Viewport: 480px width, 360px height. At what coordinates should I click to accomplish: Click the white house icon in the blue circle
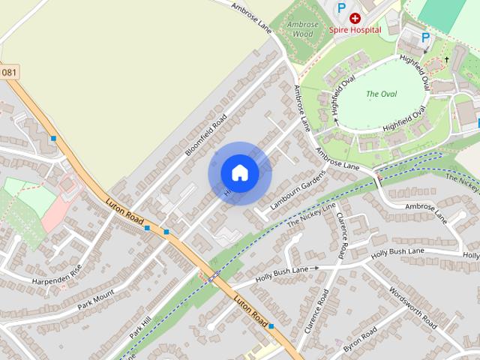tap(239, 173)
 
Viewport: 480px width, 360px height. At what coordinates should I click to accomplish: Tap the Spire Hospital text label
tap(355, 30)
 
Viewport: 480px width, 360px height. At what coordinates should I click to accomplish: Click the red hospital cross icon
tap(355, 17)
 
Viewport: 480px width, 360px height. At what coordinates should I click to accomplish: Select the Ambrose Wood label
tap(300, 28)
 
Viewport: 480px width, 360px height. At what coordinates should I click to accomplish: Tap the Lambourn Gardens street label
tap(298, 190)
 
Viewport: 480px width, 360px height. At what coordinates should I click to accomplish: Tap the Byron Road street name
tap(359, 341)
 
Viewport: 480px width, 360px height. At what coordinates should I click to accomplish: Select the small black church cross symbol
tap(446, 58)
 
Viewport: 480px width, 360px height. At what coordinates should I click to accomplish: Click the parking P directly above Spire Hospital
tap(342, 7)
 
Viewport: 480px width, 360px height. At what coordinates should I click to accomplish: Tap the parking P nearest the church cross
tap(425, 37)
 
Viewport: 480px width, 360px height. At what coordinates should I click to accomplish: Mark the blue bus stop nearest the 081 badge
tap(53, 139)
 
